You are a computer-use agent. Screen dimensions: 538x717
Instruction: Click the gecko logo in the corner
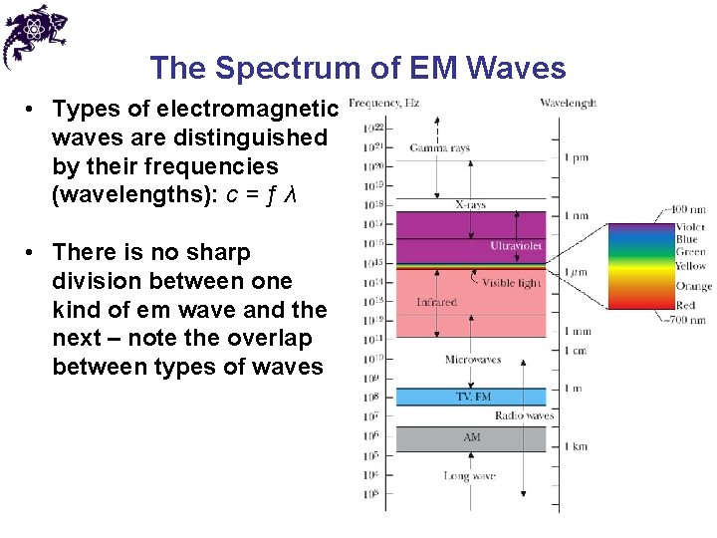pos(34,35)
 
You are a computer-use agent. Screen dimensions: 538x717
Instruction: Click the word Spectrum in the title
pos(298,68)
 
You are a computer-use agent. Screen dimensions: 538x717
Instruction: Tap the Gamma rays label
pos(439,148)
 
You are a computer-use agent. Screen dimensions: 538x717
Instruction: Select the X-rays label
pos(470,204)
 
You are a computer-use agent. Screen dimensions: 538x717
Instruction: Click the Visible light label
pos(512,283)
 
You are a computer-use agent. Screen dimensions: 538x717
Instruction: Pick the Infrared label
pos(436,302)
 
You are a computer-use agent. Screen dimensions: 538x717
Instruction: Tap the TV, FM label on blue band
pos(473,397)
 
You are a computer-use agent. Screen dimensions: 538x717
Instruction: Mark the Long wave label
pos(469,476)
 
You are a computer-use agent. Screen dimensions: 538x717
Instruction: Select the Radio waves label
pos(523,415)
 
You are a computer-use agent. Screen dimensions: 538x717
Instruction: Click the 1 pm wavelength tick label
pos(578,157)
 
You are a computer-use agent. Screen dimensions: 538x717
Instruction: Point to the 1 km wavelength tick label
pos(577,446)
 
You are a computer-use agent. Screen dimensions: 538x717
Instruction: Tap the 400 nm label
pos(688,211)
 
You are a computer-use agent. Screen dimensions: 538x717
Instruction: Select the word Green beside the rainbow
pos(690,253)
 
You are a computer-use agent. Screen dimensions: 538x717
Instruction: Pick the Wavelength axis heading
pos(568,103)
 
